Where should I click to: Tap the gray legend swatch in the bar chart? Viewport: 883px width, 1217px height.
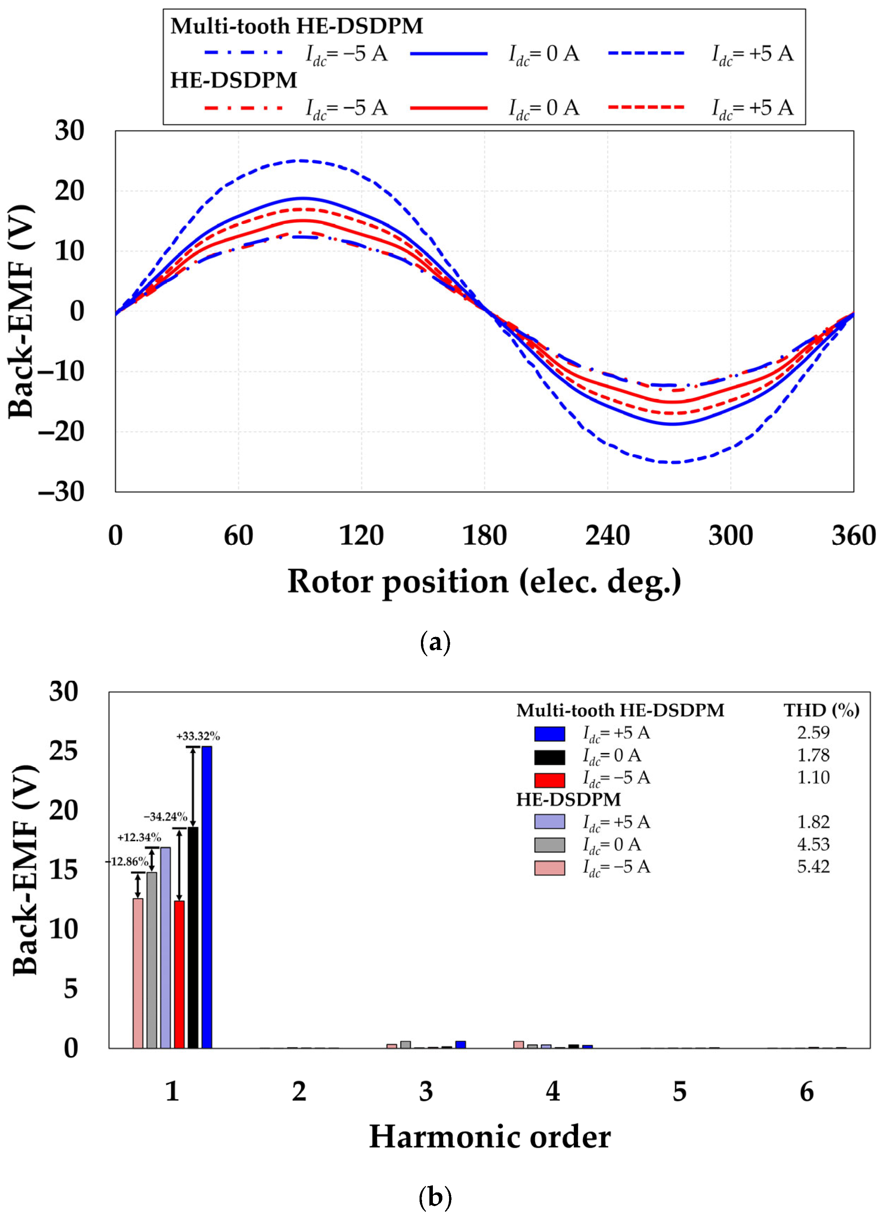(x=549, y=845)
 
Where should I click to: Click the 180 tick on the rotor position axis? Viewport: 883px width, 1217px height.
(x=485, y=536)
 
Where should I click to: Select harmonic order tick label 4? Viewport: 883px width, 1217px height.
(x=553, y=1092)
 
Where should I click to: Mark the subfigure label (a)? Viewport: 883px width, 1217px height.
(x=435, y=642)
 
